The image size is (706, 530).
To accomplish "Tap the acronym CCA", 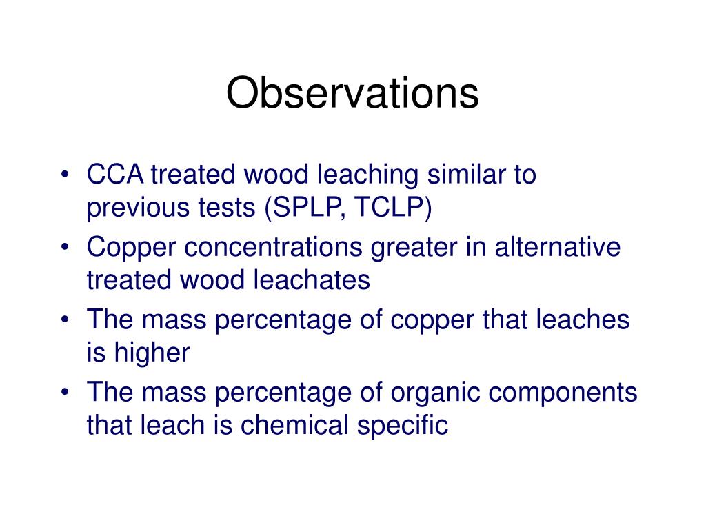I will (x=114, y=175).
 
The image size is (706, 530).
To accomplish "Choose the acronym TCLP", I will (x=392, y=208).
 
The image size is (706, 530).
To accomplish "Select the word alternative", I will (x=557, y=248).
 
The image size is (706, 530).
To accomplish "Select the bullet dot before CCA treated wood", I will (x=65, y=175).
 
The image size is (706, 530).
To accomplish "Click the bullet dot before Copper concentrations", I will (x=65, y=248).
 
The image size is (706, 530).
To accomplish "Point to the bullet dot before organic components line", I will (x=65, y=393).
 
